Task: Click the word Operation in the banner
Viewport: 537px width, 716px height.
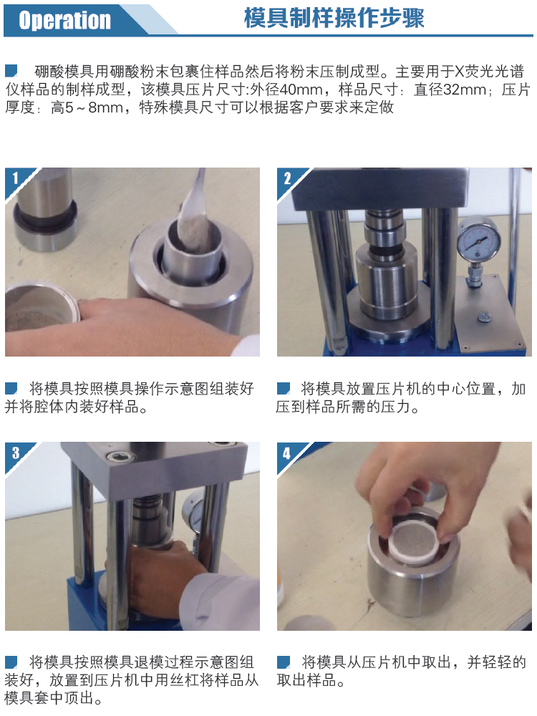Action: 65,20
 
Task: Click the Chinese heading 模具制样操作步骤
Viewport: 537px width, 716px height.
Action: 334,19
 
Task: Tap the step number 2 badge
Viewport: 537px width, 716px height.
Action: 287,178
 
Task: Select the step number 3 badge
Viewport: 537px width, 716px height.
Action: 16,453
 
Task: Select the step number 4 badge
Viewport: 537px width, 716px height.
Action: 287,453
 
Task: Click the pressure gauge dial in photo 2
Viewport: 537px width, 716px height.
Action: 479,239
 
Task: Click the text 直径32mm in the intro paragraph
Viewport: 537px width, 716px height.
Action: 450,89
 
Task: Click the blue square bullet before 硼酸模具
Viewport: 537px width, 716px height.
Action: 11,71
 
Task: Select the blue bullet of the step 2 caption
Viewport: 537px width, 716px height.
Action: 283,389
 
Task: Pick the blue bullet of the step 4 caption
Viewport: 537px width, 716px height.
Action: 283,662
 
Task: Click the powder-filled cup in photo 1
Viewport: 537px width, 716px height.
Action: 41,306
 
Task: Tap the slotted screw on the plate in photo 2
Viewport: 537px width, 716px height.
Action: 484,316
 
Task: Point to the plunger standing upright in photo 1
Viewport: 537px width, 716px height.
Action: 44,208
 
